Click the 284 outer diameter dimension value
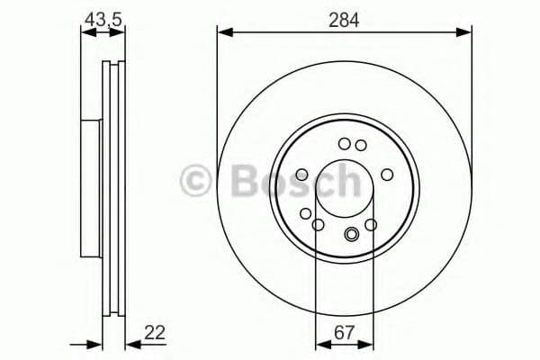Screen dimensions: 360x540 344,20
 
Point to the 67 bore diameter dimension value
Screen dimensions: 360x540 343,332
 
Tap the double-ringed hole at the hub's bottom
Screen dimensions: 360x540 352,236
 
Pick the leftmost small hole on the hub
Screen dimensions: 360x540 301,174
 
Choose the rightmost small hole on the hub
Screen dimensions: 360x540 387,174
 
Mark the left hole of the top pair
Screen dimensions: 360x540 344,143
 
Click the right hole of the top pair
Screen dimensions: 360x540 360,144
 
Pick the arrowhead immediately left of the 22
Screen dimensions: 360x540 131,344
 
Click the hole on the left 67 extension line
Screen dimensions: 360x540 316,224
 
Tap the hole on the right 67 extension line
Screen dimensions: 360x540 371,224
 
